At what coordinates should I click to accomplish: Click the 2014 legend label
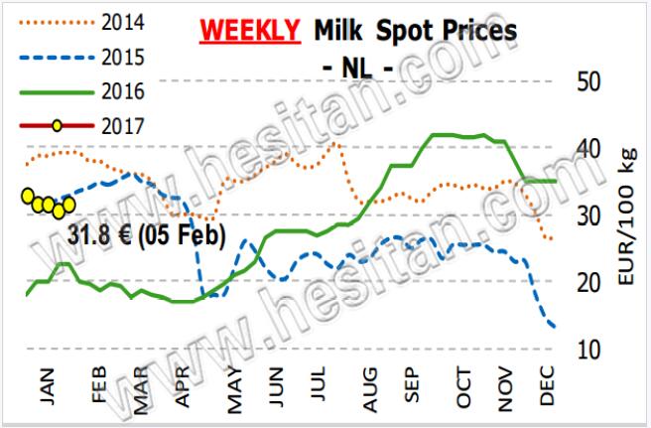coord(122,21)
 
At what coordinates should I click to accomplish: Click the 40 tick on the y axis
coord(592,148)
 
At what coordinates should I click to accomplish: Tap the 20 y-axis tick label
coord(592,282)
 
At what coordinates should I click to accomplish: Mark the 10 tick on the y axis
coord(592,350)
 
